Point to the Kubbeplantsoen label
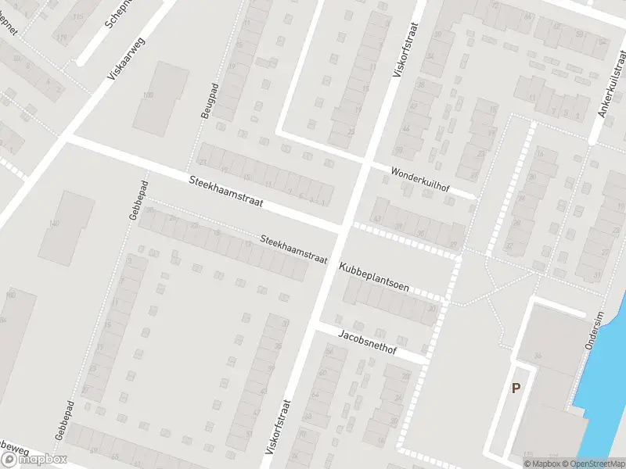point(374,277)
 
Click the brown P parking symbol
point(516,388)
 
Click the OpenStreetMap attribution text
point(589,464)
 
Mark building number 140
point(53,224)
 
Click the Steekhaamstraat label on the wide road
point(225,192)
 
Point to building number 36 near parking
point(538,356)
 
